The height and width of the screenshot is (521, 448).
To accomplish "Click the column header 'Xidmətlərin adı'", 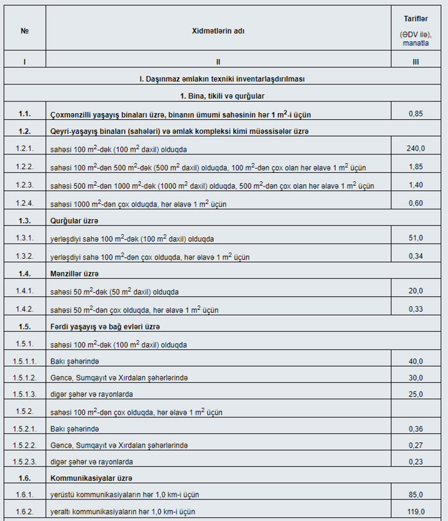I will pos(218,31).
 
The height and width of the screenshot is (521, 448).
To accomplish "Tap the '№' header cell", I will pos(25,31).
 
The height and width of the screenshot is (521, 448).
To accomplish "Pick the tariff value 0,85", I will pos(415,114).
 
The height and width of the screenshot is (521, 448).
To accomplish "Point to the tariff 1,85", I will pos(415,167).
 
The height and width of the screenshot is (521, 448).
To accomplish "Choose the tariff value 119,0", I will pos(415,511).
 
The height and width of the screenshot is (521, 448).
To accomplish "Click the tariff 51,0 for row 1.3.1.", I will pos(415,238).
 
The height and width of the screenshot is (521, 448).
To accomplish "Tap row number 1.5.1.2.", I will pos(25,378).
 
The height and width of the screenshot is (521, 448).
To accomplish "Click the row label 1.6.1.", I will pos(25,495).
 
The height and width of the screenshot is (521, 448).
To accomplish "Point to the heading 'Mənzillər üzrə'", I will pos(74,274).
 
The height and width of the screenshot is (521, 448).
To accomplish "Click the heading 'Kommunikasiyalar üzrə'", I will pos(90,478).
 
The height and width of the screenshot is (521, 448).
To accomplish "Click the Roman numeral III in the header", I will pos(415,62).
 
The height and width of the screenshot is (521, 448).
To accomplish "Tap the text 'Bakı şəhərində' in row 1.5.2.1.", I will pos(74,429).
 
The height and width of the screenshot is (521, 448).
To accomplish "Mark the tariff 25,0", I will pos(415,394).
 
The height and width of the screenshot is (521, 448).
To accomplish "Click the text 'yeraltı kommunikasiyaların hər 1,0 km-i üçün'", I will pos(123,511).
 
